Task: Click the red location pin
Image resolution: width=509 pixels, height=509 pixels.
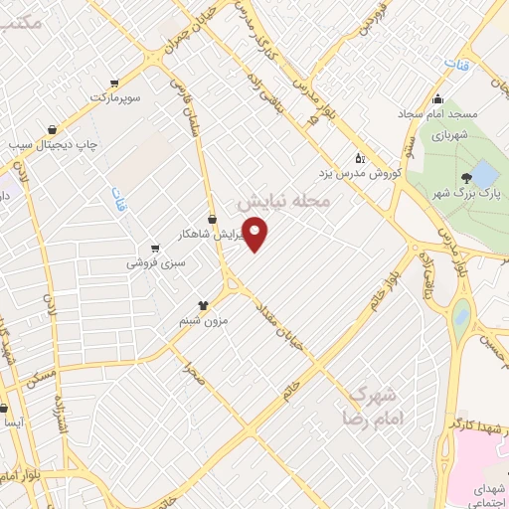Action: (256, 234)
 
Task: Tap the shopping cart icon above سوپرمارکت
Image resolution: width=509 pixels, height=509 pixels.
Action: (115, 83)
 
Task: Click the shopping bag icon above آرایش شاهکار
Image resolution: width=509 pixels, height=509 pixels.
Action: (211, 219)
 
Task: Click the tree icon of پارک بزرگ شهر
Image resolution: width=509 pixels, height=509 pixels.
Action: (465, 178)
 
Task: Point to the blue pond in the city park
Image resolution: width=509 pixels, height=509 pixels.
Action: (484, 174)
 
